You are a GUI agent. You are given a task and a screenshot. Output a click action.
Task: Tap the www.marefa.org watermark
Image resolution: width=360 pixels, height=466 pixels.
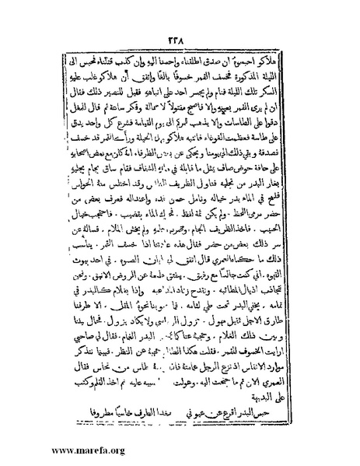55,449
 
